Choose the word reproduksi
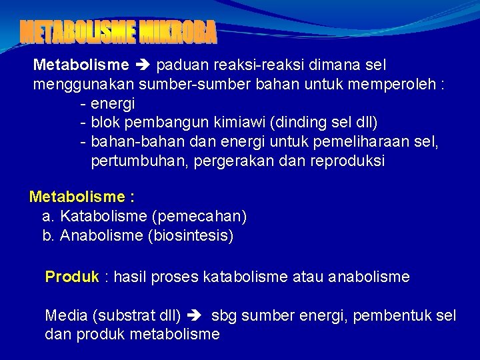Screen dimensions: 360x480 tap(347, 162)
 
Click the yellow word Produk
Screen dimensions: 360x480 tap(71, 277)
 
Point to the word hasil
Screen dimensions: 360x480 tap(130, 277)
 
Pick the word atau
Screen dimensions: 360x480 tap(308, 277)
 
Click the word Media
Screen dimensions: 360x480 tap(65, 315)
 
